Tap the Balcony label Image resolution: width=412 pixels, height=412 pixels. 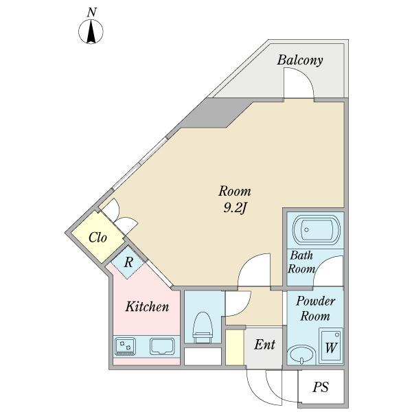pos(300,60)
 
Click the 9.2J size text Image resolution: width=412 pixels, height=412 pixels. pos(234,208)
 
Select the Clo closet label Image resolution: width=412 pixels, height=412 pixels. pos(98,238)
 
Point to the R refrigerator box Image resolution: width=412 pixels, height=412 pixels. pos(128,262)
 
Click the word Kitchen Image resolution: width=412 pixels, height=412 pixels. pos(146,307)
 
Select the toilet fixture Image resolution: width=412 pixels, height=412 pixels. pos(203,327)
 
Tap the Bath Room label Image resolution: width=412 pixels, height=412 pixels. pos(301,262)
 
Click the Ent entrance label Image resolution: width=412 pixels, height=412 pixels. pos(265,345)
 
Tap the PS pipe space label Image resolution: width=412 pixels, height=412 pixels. pos(320,388)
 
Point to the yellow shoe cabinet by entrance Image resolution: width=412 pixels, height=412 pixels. pos(234,347)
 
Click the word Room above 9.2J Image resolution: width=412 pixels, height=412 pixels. pos(235,191)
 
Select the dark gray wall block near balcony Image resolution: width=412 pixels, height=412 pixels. pos(206,114)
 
